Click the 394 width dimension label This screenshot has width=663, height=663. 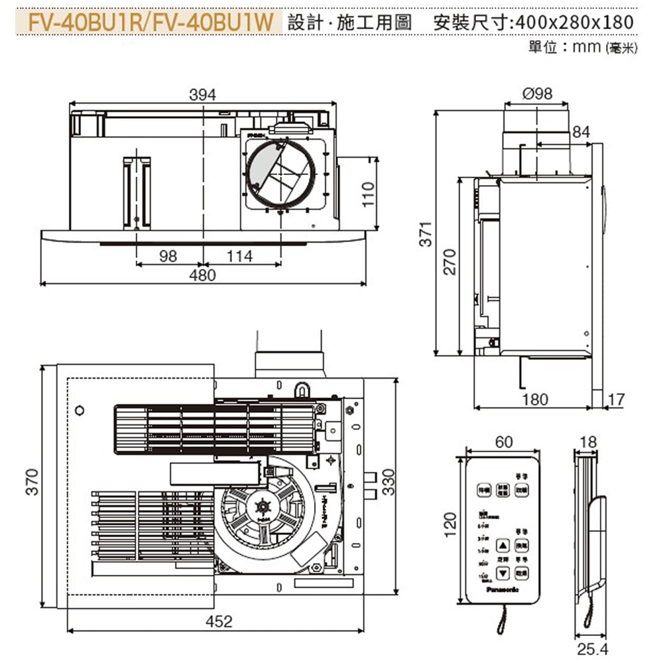(x=202, y=95)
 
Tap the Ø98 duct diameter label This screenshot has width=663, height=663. (x=537, y=93)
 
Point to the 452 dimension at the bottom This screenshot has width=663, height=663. (x=219, y=621)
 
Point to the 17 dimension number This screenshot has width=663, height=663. (x=616, y=399)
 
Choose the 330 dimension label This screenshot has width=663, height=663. (x=389, y=481)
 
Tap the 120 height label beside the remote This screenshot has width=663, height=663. (x=451, y=524)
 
